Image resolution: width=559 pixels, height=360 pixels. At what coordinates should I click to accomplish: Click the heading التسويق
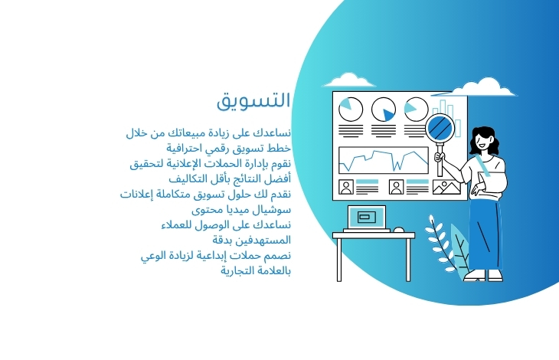click(x=253, y=100)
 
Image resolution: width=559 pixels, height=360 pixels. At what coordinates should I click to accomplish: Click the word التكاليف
click(x=186, y=178)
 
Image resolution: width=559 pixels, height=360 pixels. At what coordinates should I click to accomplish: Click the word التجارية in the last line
click(x=237, y=271)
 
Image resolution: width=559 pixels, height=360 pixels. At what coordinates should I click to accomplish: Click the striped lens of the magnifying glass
click(x=440, y=128)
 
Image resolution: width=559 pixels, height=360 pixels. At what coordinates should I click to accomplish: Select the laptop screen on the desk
click(x=367, y=217)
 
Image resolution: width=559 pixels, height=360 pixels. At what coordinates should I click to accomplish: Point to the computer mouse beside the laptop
click(x=398, y=230)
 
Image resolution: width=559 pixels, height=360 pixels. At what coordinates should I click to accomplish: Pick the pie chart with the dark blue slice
click(x=383, y=110)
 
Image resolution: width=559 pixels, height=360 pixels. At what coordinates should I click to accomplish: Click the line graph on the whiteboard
click(x=383, y=160)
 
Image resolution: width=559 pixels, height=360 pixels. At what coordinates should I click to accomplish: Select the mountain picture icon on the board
click(x=446, y=187)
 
